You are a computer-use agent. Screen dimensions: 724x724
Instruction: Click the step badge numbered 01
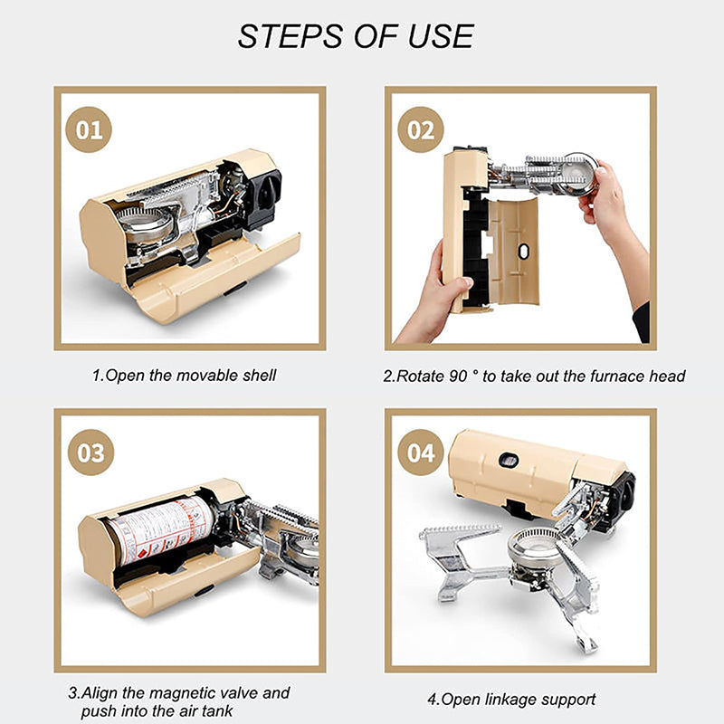click(89, 129)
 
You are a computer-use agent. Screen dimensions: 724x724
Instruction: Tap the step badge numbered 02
click(420, 129)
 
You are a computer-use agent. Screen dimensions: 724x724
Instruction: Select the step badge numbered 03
click(90, 452)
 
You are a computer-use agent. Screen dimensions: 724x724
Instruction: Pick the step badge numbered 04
click(420, 452)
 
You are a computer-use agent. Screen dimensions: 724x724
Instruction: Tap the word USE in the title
click(441, 36)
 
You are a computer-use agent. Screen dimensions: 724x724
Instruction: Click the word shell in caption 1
click(259, 375)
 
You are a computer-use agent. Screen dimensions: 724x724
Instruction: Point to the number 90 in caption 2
click(458, 376)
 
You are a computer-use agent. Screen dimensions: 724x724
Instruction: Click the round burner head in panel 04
click(533, 546)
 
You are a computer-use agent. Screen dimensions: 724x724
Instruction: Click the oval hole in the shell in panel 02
click(523, 252)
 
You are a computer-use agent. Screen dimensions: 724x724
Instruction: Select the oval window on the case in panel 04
click(509, 460)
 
